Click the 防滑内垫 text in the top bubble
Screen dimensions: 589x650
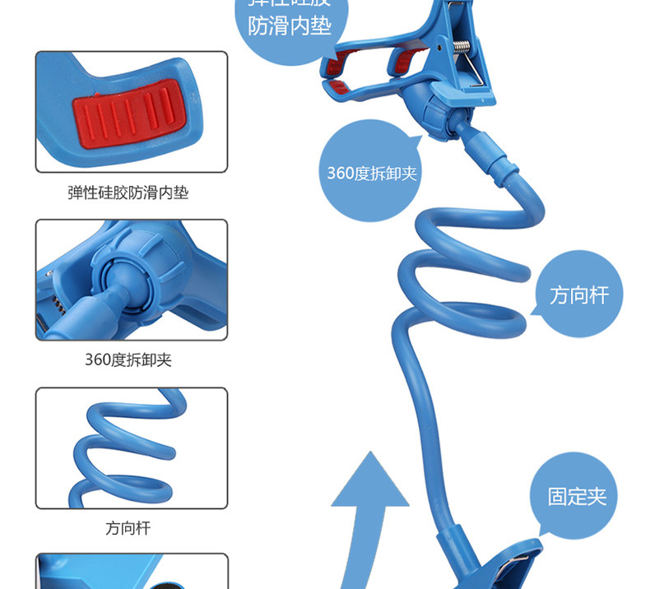pyautogui.click(x=290, y=26)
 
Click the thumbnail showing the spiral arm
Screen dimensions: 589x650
pyautogui.click(x=132, y=448)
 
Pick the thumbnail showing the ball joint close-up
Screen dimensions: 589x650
pyautogui.click(x=132, y=280)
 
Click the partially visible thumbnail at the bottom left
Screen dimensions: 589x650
pyautogui.click(x=132, y=572)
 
